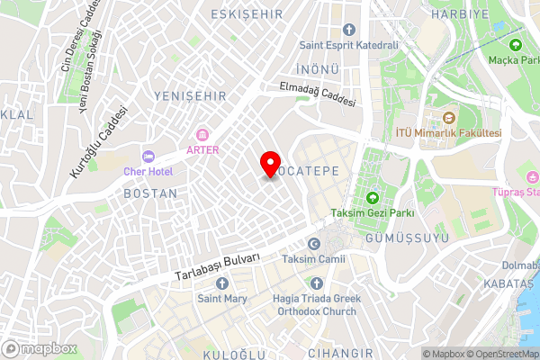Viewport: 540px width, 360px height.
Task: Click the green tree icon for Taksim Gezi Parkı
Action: (x=372, y=198)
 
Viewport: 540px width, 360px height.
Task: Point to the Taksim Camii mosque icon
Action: (x=313, y=244)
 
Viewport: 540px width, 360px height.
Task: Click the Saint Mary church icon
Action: (x=222, y=283)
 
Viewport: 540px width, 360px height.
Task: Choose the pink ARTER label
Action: (x=202, y=149)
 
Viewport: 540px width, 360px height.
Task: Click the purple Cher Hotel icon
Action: (x=148, y=156)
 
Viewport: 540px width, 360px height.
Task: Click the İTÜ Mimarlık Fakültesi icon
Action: (x=448, y=118)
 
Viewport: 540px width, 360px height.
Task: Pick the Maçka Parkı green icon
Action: (x=516, y=45)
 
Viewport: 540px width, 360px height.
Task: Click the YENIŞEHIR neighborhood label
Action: (x=187, y=95)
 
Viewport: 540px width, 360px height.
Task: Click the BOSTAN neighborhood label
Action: (x=149, y=193)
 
